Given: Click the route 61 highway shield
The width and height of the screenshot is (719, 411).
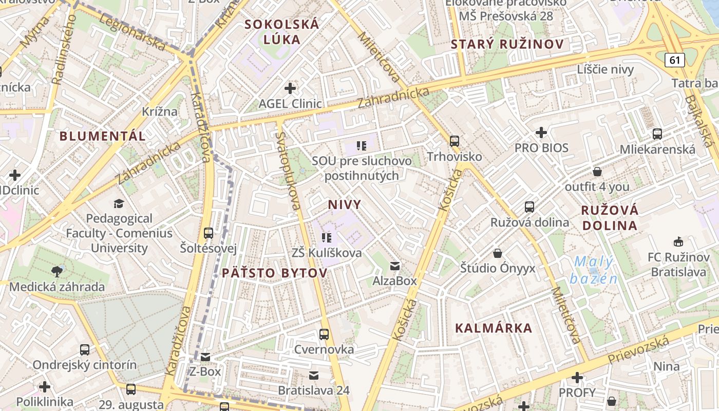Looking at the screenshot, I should pyautogui.click(x=674, y=60).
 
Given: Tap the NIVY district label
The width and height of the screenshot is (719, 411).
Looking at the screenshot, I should pyautogui.click(x=345, y=204).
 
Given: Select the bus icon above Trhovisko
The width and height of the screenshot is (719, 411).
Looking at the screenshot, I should pyautogui.click(x=454, y=141).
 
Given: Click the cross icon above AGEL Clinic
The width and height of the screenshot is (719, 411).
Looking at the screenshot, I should pyautogui.click(x=290, y=88).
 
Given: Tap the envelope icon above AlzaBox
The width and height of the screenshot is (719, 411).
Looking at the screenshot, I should pyautogui.click(x=395, y=266).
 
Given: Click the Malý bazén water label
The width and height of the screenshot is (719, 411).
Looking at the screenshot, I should pyautogui.click(x=593, y=270).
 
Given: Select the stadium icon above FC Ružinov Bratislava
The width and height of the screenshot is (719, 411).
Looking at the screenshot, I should pyautogui.click(x=678, y=241).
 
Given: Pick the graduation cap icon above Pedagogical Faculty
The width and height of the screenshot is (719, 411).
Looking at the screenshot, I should pyautogui.click(x=119, y=203).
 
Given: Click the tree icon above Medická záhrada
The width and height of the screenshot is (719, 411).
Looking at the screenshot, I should pyautogui.click(x=57, y=271).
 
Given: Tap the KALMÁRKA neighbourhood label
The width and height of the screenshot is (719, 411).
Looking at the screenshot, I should pyautogui.click(x=494, y=328).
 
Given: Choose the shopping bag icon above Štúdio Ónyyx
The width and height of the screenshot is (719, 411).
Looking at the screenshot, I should pyautogui.click(x=497, y=253).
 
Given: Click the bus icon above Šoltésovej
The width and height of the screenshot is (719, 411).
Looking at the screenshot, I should pyautogui.click(x=208, y=233).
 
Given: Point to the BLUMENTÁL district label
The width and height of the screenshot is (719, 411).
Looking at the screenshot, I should pyautogui.click(x=103, y=136).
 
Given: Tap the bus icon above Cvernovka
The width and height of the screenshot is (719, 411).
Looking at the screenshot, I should pyautogui.click(x=324, y=334).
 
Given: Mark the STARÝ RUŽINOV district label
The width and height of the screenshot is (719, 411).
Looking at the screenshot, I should pyautogui.click(x=507, y=44).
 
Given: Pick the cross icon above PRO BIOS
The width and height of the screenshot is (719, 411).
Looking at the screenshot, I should pyautogui.click(x=541, y=133).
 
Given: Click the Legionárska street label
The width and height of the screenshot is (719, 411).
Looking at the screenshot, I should pyautogui.click(x=132, y=32).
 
